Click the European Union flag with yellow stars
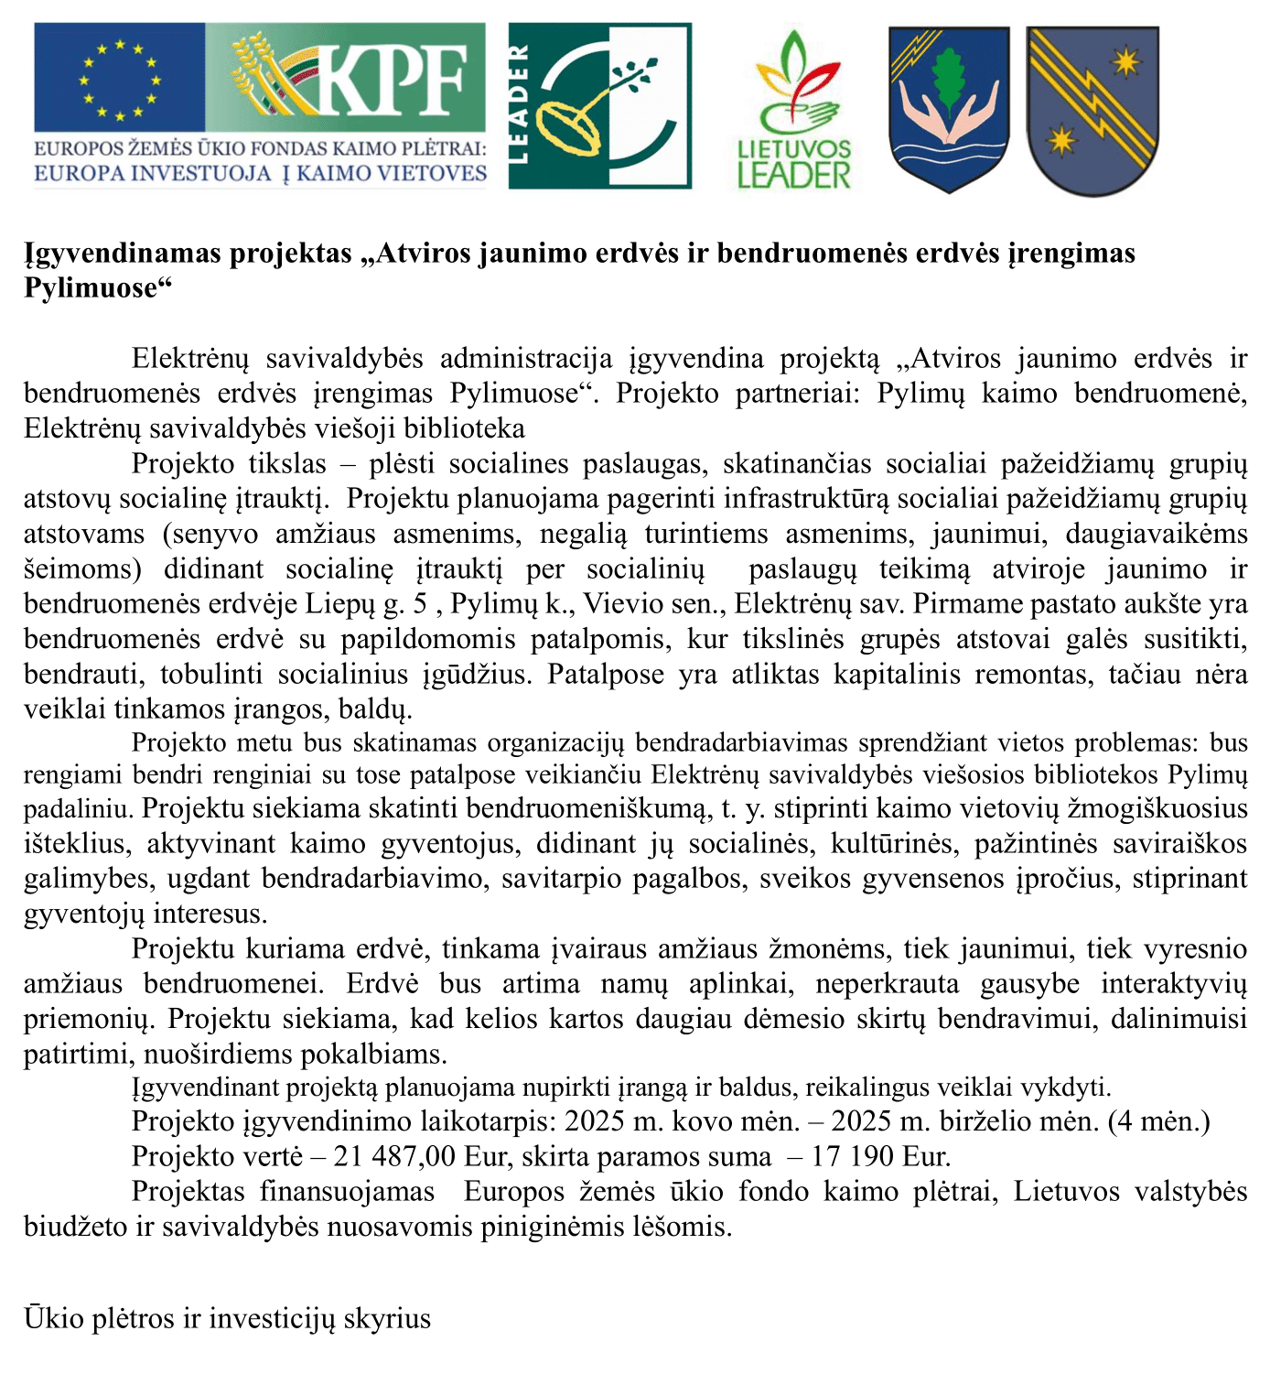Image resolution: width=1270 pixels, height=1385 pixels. coord(119,79)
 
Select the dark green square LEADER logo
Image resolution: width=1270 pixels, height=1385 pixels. coord(600,106)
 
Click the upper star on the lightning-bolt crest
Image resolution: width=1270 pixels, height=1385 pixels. coord(1125,63)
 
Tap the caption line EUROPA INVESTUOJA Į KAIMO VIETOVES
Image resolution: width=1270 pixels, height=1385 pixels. coord(261,173)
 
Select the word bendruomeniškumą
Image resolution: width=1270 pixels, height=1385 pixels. coord(587,809)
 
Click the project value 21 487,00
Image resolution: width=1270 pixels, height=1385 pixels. coord(394,1156)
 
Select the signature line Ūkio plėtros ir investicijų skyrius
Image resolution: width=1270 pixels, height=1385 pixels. coord(227,1318)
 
